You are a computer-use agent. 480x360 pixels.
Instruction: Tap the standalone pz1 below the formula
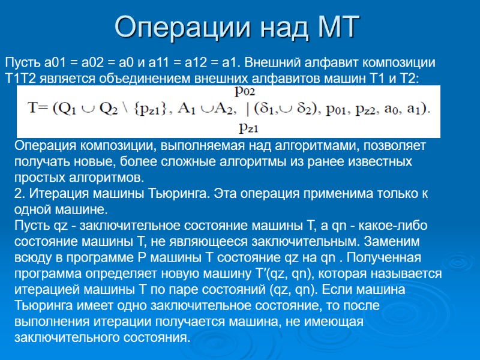pos(248,127)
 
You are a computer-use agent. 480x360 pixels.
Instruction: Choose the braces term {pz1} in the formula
pos(149,110)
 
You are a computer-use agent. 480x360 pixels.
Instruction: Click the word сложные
pos(160,162)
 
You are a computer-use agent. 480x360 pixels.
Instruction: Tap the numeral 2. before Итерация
pos(19,194)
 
